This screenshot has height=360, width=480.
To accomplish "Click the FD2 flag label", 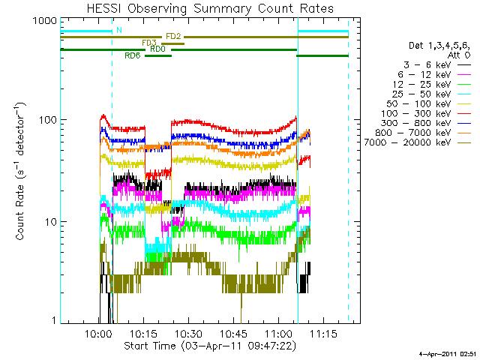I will coord(172,36).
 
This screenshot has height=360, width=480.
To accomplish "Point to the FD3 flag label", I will coord(149,43).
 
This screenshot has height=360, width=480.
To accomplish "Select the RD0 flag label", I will coord(157,49).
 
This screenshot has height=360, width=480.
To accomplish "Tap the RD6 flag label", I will coord(132,55).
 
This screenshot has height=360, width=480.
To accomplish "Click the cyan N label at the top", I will coord(118,30).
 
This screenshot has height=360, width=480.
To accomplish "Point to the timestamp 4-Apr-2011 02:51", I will coord(448,352).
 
